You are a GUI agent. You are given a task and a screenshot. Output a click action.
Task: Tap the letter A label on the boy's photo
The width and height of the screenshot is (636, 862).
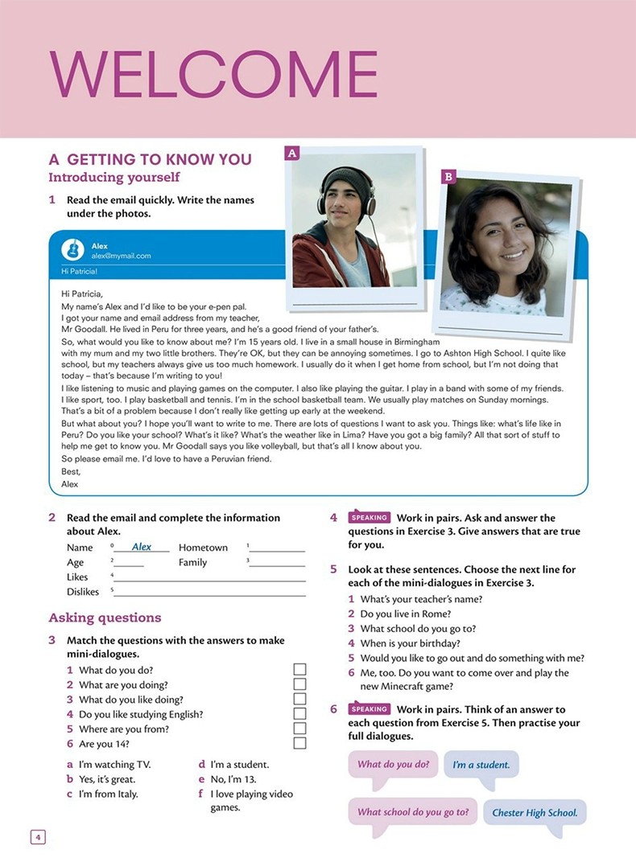292,153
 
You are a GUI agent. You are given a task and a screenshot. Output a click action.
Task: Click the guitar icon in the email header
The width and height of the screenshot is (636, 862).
72,249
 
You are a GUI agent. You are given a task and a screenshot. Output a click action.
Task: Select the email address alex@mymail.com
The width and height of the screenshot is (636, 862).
121,256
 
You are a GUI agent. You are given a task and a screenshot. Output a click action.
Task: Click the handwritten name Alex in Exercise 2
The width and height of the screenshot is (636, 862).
142,547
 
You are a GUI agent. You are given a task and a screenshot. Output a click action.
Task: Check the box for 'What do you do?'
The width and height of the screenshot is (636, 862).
299,670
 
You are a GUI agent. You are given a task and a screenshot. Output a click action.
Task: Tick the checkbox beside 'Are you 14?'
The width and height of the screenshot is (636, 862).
299,744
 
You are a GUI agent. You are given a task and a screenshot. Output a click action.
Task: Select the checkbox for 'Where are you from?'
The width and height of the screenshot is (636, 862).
299,729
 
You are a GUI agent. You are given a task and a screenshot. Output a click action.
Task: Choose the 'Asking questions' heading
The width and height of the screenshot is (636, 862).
105,618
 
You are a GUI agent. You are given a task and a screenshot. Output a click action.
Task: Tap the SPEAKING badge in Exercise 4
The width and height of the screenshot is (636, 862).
370,518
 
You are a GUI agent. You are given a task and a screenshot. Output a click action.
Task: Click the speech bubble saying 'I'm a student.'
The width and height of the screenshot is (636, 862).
481,765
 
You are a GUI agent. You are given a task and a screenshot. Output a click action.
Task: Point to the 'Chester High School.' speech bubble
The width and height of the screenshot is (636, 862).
535,812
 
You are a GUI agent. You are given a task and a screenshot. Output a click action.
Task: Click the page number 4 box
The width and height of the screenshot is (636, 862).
38,837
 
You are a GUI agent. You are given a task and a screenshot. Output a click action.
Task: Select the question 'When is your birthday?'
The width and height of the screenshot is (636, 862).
410,643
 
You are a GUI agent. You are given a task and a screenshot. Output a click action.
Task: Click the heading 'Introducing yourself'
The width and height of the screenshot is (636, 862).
114,177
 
